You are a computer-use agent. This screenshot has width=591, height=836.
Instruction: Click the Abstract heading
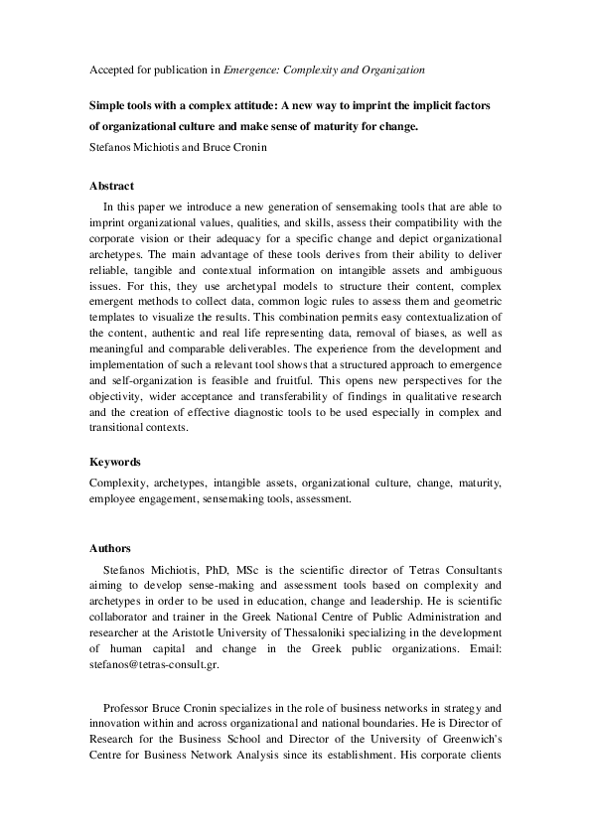[x=111, y=186]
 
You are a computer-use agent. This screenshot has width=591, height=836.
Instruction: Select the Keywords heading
[x=115, y=462]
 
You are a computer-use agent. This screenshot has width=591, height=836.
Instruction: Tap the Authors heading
[x=110, y=548]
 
